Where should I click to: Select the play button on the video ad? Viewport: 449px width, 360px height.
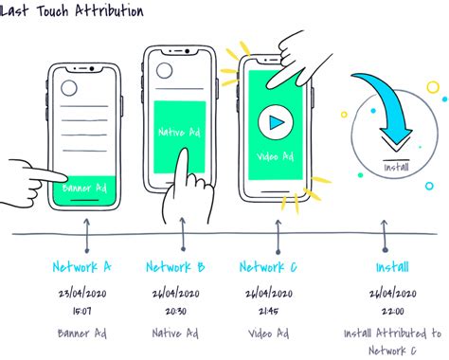point(274,122)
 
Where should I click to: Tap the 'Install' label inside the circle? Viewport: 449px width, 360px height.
point(396,167)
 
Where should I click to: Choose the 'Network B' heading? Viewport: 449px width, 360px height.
point(175,267)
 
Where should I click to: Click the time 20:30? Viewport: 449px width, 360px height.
point(175,310)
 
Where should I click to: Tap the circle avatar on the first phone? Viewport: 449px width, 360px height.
point(69,89)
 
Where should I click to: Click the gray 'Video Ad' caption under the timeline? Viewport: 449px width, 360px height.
point(268,333)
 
